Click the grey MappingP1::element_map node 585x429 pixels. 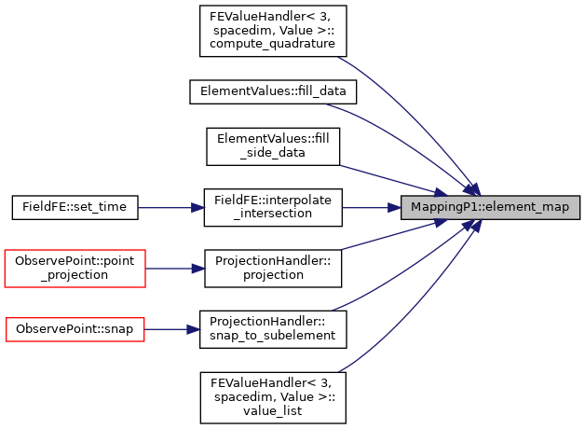(490, 207)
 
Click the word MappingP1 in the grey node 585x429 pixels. (442, 207)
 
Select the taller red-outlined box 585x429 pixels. (75, 269)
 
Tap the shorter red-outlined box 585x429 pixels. (75, 329)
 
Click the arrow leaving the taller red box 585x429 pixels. (172, 269)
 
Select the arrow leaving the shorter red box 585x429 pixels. (170, 329)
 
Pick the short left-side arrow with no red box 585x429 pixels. (168, 208)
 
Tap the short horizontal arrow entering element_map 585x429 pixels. (368, 208)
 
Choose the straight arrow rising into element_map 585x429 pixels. (401, 233)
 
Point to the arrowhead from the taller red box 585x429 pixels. (198, 269)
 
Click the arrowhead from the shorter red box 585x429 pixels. (194, 329)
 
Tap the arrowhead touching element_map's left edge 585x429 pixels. (394, 208)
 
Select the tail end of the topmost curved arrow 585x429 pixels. (339, 58)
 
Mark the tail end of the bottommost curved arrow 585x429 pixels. (340, 371)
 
